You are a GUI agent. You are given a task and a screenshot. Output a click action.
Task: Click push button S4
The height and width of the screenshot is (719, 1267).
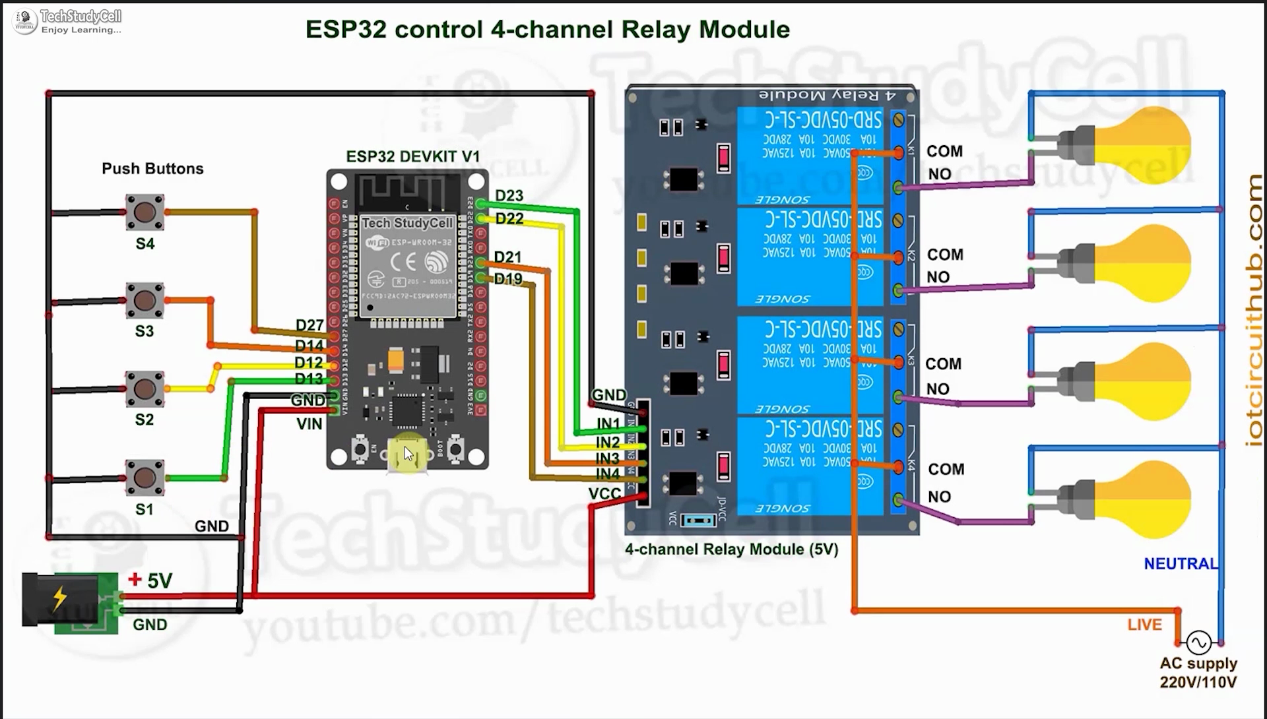tap(145, 212)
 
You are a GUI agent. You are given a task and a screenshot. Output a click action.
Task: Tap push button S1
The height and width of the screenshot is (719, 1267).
tap(145, 478)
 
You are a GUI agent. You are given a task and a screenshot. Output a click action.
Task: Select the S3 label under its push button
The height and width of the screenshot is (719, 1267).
tap(145, 331)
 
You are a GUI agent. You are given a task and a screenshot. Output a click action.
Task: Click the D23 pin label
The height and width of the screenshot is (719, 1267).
tap(509, 196)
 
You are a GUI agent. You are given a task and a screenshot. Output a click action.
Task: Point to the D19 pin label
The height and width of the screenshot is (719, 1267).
tap(508, 279)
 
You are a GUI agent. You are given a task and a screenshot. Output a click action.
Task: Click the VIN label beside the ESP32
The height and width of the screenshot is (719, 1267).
tap(309, 424)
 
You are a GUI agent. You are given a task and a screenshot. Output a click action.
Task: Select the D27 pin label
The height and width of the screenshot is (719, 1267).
tap(309, 325)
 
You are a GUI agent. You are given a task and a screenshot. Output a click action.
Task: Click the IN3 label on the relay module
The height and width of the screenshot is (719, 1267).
tap(608, 458)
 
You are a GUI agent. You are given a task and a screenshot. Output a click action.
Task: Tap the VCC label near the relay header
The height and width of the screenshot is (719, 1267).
tap(604, 494)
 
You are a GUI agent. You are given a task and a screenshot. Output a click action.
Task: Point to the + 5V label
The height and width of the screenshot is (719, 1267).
tap(150, 580)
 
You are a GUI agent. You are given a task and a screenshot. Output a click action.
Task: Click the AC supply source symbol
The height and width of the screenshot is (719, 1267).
tap(1198, 642)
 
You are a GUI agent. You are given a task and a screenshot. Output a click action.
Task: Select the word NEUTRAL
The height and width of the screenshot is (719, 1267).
tap(1181, 564)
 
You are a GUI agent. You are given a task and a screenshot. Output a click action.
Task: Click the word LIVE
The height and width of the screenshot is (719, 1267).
tap(1144, 625)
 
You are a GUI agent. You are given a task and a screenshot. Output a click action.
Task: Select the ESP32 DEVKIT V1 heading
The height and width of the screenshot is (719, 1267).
tap(412, 157)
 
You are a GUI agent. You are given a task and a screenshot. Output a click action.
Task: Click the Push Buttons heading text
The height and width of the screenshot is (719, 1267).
tap(152, 169)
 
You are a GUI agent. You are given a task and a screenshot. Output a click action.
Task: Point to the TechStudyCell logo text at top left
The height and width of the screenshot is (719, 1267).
tap(81, 16)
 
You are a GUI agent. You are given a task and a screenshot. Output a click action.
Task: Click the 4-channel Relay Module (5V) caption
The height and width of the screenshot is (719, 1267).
tap(731, 549)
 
